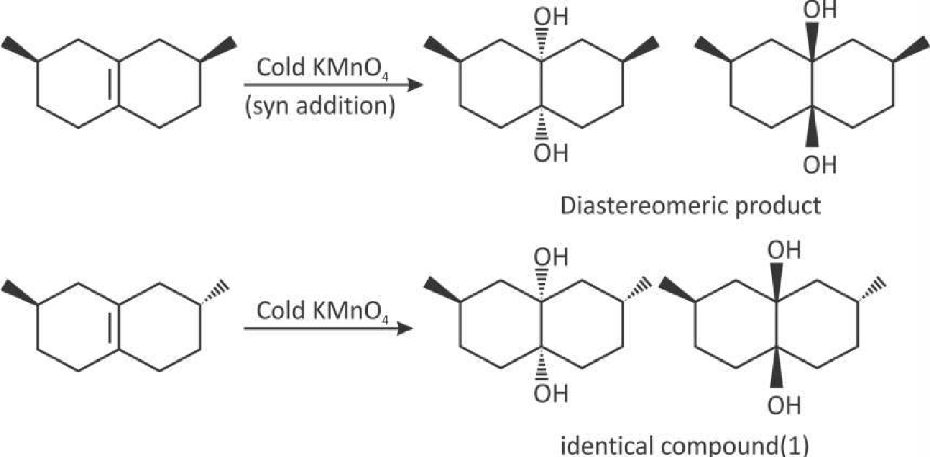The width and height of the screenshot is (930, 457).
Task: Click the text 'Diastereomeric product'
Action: [691, 206]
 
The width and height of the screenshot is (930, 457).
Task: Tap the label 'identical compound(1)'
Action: [685, 446]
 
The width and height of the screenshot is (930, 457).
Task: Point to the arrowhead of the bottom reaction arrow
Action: [404, 329]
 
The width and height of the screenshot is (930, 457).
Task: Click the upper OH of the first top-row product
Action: [550, 17]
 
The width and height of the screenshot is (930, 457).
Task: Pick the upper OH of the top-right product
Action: [820, 9]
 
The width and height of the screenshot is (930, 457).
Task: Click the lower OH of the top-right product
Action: [820, 164]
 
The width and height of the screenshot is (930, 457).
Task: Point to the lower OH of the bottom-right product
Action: [784, 405]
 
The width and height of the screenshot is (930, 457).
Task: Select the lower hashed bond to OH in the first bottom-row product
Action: [541, 364]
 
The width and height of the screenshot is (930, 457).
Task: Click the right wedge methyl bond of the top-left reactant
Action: [218, 49]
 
